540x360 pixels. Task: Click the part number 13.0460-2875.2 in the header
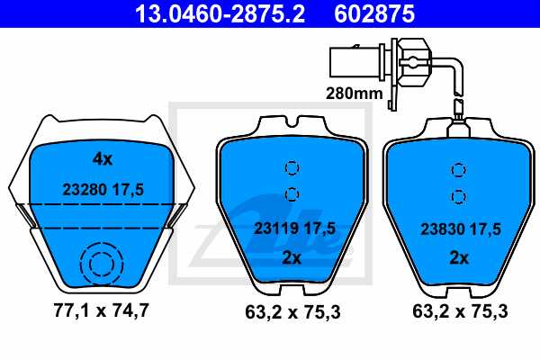pos(220,13)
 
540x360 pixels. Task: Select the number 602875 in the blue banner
pos(374,13)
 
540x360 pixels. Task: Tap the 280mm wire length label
pos(354,93)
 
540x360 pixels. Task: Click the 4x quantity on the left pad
pos(103,159)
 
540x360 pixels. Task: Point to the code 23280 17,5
pos(103,190)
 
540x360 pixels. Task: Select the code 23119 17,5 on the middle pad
pos(294,229)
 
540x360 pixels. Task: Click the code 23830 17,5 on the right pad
pos(461,229)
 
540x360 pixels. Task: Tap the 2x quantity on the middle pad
pos(292,257)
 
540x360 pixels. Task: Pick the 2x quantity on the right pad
pos(459,257)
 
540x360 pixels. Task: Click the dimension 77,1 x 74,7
pos(101,310)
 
